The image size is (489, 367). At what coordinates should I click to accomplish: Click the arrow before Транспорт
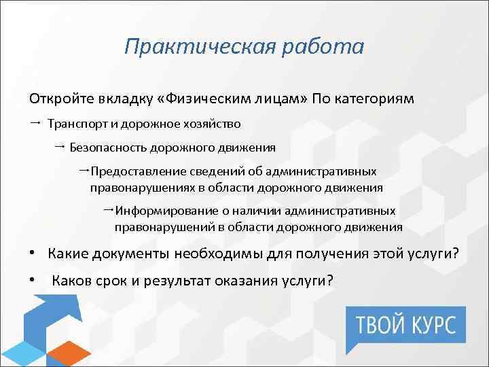tap(35, 124)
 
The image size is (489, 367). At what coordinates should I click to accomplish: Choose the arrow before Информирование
tap(108, 210)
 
